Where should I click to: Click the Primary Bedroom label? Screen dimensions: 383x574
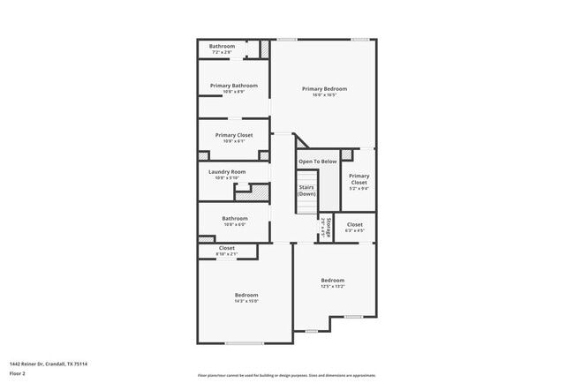pos(324,89)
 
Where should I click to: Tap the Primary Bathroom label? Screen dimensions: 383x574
pos(234,86)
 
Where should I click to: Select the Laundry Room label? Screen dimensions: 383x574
pos(227,171)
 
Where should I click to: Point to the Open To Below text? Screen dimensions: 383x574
pos(317,161)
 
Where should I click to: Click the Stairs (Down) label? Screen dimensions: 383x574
pos(306,191)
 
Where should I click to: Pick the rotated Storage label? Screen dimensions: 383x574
pos(329,227)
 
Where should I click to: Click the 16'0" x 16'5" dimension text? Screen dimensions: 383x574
pos(324,95)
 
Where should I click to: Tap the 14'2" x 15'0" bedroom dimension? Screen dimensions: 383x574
pos(246,301)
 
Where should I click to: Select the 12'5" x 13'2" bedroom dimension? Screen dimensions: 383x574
pos(332,286)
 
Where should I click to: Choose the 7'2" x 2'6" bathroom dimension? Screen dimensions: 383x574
pos(222,52)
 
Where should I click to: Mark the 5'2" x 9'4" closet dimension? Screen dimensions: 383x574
pos(359,188)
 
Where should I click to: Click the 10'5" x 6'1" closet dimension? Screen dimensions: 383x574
pos(234,141)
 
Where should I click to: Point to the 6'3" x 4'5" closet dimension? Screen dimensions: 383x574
pos(355,231)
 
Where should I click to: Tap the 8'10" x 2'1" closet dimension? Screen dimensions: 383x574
pos(227,254)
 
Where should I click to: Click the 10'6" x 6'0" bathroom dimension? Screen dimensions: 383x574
pos(235,224)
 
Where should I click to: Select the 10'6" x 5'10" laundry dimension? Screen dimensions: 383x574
pos(227,177)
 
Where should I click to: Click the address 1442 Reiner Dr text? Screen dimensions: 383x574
pos(49,364)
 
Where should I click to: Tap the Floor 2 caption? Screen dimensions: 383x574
pos(18,374)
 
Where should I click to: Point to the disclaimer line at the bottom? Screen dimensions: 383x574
pos(287,375)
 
